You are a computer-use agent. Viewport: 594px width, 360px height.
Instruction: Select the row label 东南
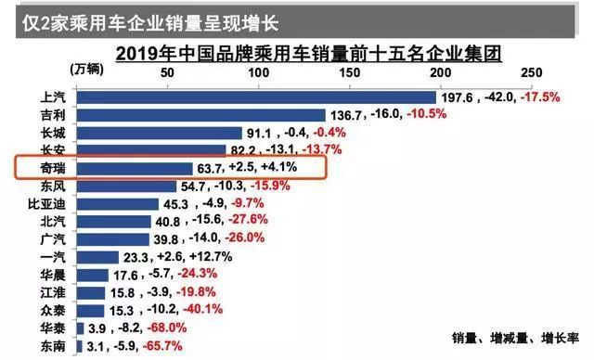53,346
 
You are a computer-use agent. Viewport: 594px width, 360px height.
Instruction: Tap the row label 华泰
53,328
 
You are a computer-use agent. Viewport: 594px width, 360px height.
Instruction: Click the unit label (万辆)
88,69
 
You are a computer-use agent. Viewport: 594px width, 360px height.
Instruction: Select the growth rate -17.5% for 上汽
540,97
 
